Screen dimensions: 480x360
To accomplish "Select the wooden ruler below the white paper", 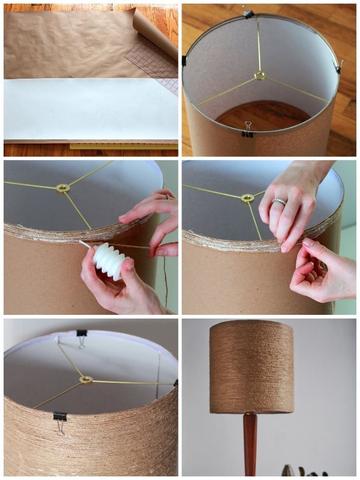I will (120, 146).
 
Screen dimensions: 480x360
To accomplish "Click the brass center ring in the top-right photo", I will (259, 75).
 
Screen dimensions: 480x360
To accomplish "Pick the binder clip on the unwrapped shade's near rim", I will (248, 128).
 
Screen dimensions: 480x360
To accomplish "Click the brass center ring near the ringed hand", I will (246, 197).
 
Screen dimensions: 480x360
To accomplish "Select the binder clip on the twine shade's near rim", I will (60, 422).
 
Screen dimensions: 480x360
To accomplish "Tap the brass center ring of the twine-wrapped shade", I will (86, 380).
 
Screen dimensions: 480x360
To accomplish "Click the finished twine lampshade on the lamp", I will (251, 367).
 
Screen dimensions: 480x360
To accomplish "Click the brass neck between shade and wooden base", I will (250, 416).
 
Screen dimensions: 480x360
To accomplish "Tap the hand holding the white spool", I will (120, 290).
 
